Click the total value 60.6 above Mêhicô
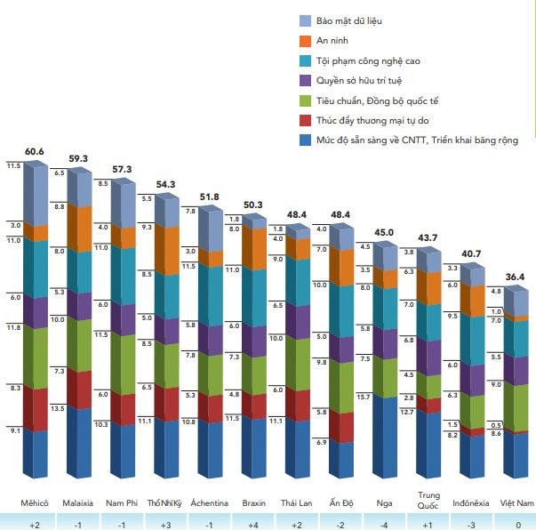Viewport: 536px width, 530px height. [x=35, y=152]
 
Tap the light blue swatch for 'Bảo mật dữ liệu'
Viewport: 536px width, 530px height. [x=306, y=20]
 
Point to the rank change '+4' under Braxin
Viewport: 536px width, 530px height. [x=253, y=525]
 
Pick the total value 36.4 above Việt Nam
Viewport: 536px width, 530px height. [x=515, y=277]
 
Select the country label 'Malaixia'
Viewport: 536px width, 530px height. [x=78, y=503]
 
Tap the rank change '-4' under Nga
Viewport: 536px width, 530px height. [x=384, y=525]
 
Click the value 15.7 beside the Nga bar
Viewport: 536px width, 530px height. [x=362, y=397]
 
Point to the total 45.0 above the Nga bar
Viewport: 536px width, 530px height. [x=384, y=233]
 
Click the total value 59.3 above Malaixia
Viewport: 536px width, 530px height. [x=78, y=159]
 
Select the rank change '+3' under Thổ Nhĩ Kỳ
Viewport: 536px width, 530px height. [x=165, y=525]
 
